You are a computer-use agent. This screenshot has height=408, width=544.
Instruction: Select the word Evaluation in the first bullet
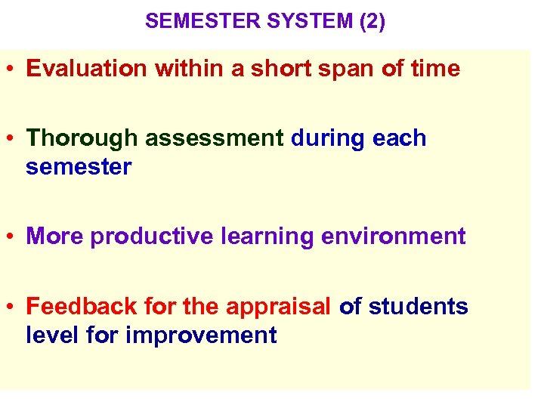pos(87,69)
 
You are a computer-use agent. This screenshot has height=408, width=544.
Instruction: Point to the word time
pos(435,69)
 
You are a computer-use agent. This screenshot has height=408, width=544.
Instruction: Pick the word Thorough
pos(82,138)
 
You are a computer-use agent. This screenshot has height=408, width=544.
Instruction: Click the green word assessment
pos(214,138)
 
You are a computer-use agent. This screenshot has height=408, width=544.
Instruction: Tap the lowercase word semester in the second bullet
pos(79,167)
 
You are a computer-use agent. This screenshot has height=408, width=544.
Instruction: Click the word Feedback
pos(79,307)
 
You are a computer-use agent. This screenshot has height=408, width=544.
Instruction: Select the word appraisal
pos(278,307)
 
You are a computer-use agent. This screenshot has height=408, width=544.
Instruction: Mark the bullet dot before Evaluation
pos(13,70)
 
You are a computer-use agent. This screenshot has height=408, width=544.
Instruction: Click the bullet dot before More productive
pos(13,237)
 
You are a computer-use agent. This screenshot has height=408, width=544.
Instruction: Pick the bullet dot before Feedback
pos(13,308)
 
